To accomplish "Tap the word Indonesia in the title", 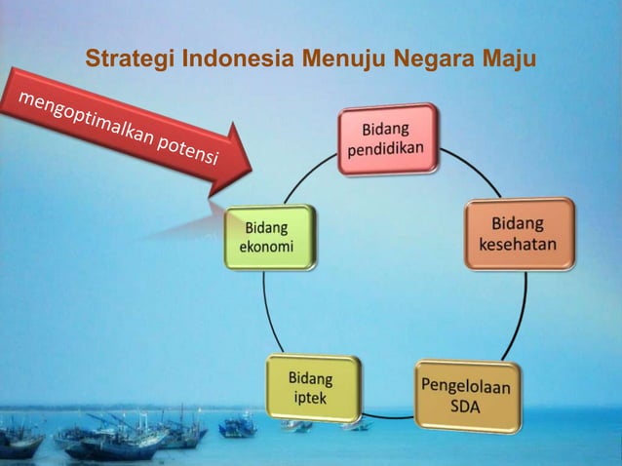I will point(233,58).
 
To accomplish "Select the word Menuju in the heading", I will point(341,58).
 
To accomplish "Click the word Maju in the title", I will point(512,58).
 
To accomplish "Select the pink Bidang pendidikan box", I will point(387,139).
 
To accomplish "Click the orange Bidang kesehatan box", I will point(519,233).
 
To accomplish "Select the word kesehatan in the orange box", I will point(519,244).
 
